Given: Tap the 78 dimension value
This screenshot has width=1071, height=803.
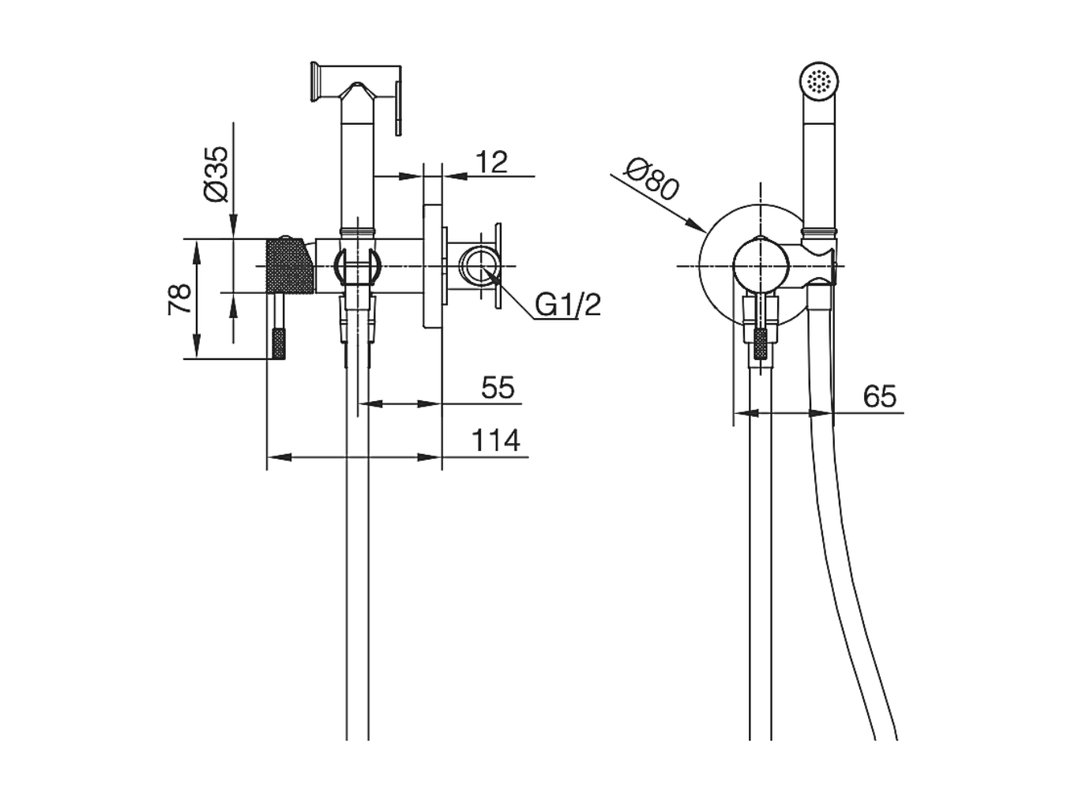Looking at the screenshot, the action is pyautogui.click(x=179, y=299).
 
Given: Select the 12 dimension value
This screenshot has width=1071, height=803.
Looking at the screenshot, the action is pyautogui.click(x=491, y=162).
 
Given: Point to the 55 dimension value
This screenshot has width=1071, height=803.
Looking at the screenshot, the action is pyautogui.click(x=498, y=388).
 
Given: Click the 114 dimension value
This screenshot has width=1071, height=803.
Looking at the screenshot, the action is pyautogui.click(x=496, y=441).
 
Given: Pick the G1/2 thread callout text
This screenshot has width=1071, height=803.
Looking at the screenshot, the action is pyautogui.click(x=568, y=305).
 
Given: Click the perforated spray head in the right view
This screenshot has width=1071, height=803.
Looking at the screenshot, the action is pyautogui.click(x=819, y=81).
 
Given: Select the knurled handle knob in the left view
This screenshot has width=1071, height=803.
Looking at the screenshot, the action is pyautogui.click(x=289, y=265).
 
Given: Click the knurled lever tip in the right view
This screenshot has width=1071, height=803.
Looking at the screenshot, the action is pyautogui.click(x=760, y=344).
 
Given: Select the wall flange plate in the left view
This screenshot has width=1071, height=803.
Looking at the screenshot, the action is pyautogui.click(x=433, y=266).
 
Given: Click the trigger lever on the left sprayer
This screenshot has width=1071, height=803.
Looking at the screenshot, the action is pyautogui.click(x=399, y=107).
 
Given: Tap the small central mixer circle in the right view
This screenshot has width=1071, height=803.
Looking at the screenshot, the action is pyautogui.click(x=761, y=266).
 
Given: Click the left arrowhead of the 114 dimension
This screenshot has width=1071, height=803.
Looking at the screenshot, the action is pyautogui.click(x=279, y=457).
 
